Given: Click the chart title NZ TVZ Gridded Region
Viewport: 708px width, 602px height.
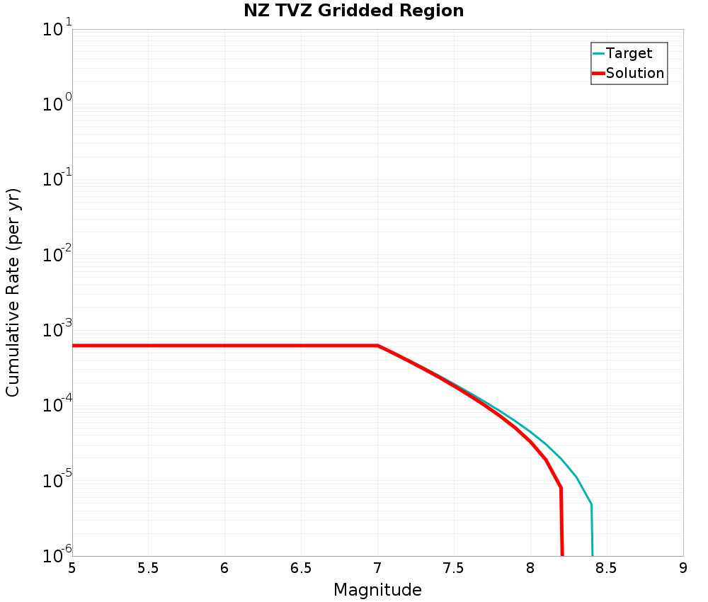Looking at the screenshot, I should coord(353,11).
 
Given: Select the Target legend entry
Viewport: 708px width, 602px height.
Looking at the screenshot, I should coord(629,54).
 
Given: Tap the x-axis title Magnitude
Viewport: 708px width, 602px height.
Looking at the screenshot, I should coord(377,590).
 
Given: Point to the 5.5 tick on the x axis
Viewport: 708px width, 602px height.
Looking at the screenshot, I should coord(148,568).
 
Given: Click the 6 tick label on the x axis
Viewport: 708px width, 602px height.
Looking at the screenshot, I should coord(224,568).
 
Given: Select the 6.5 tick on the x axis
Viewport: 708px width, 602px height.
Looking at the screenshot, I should coord(301,568).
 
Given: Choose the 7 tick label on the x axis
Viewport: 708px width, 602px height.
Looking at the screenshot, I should coord(377,568).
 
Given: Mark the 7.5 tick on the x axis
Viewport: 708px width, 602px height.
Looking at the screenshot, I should coord(454,568).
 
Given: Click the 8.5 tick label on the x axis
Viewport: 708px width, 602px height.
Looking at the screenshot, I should coord(607,568).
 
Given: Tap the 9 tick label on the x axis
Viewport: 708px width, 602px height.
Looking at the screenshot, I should coord(683,568).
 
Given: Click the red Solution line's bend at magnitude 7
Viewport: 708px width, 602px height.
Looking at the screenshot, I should coord(377,346).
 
